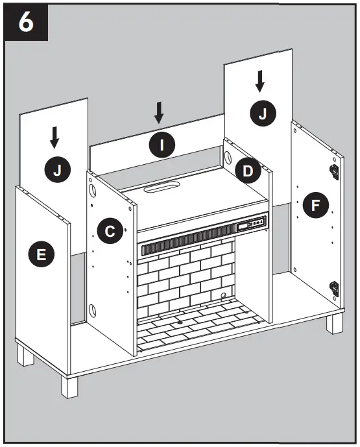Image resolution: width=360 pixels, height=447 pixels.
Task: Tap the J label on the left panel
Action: pyautogui.click(x=56, y=170)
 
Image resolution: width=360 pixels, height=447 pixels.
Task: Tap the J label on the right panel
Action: pyautogui.click(x=262, y=114)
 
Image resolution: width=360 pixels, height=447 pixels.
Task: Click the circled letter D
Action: pyautogui.click(x=248, y=170)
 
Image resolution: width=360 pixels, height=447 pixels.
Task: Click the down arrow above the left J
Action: pyautogui.click(x=55, y=137)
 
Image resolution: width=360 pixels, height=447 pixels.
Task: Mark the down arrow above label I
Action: pyautogui.click(x=159, y=113)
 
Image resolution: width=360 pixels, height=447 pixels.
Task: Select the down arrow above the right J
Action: pyautogui.click(x=260, y=80)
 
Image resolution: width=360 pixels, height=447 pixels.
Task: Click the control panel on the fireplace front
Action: pyautogui.click(x=251, y=224)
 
